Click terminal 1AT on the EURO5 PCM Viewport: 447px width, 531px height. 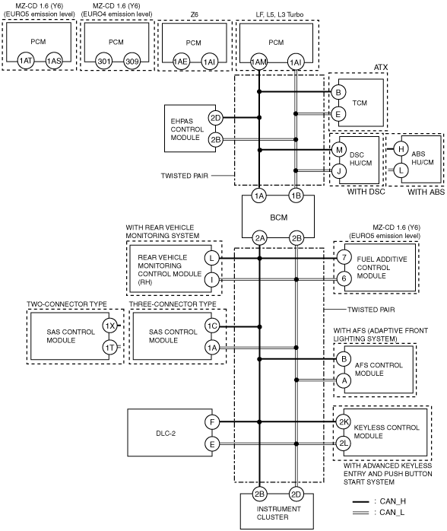coord(26,61)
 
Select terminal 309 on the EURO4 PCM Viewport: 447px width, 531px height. coord(132,62)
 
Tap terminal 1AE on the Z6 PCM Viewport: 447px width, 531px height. coord(181,62)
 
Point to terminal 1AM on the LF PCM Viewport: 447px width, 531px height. coord(259,62)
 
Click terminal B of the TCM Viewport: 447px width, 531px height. coord(338,92)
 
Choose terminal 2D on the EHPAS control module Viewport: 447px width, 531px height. coord(216,118)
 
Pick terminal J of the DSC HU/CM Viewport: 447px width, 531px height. coord(339,171)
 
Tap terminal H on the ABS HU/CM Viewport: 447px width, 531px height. coord(401,149)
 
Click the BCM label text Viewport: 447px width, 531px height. coord(279,218)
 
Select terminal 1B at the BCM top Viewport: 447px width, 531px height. coord(296,196)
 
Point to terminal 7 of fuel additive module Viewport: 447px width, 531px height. coord(344,257)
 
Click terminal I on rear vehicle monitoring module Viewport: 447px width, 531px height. coord(212,280)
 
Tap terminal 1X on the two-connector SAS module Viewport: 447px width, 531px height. coord(109,326)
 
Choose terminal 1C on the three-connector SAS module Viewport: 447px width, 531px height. coord(212,326)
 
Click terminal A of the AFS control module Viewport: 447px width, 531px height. coord(344,380)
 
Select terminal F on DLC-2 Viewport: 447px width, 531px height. coord(212,422)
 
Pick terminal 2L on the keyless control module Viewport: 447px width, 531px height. coord(344,444)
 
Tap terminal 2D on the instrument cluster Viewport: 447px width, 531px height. coord(296,494)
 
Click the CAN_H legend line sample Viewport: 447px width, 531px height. coord(360,501)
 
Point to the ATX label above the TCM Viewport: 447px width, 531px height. coord(381,68)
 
